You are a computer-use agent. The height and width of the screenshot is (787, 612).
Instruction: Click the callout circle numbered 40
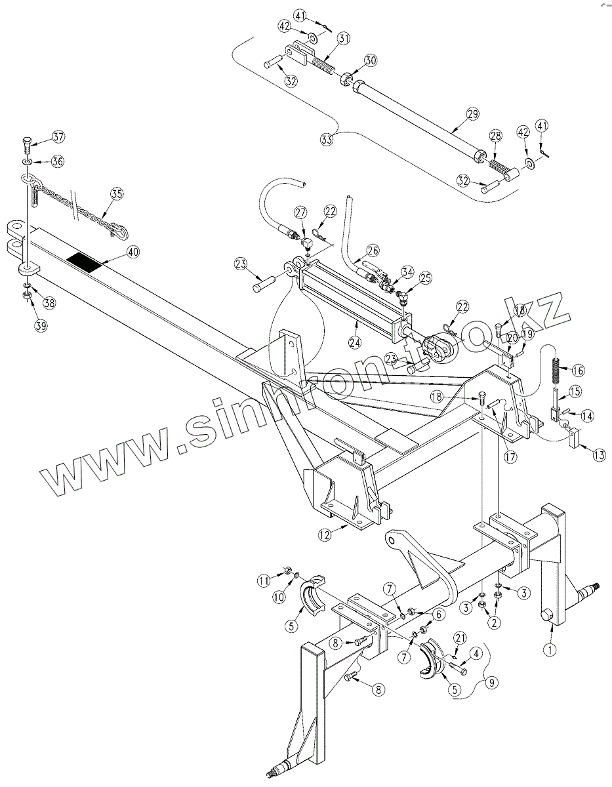coord(133,251)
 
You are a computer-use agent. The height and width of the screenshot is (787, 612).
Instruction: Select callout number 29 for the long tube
coord(473,114)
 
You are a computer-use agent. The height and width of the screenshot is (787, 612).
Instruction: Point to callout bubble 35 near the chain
coord(116,193)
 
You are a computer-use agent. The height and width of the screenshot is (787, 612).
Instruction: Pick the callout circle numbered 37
coord(58,137)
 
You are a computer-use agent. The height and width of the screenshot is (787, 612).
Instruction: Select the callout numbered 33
coord(327,139)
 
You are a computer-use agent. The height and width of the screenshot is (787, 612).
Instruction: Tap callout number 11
coord(264,580)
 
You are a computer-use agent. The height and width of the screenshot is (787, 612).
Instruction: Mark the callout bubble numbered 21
coord(460,637)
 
